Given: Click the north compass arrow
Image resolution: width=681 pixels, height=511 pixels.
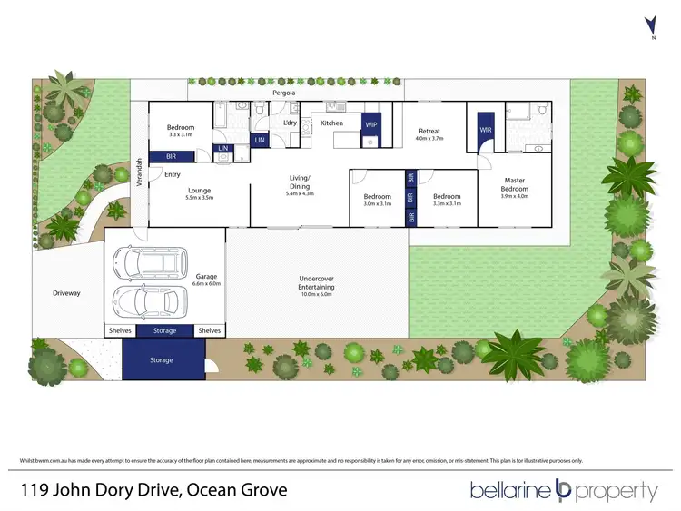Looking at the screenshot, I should click(648, 25).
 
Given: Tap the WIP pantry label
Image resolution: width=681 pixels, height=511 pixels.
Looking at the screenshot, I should click(371, 123).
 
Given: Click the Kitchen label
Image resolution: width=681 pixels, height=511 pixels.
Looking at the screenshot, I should click(331, 123).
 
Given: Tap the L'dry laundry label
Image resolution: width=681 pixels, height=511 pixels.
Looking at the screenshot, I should click(291, 122).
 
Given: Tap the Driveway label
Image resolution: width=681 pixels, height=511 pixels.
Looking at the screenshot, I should click(66, 293).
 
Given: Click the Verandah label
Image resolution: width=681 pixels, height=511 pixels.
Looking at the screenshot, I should click(139, 172).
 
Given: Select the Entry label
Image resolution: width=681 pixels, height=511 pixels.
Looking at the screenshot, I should click(173, 174).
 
